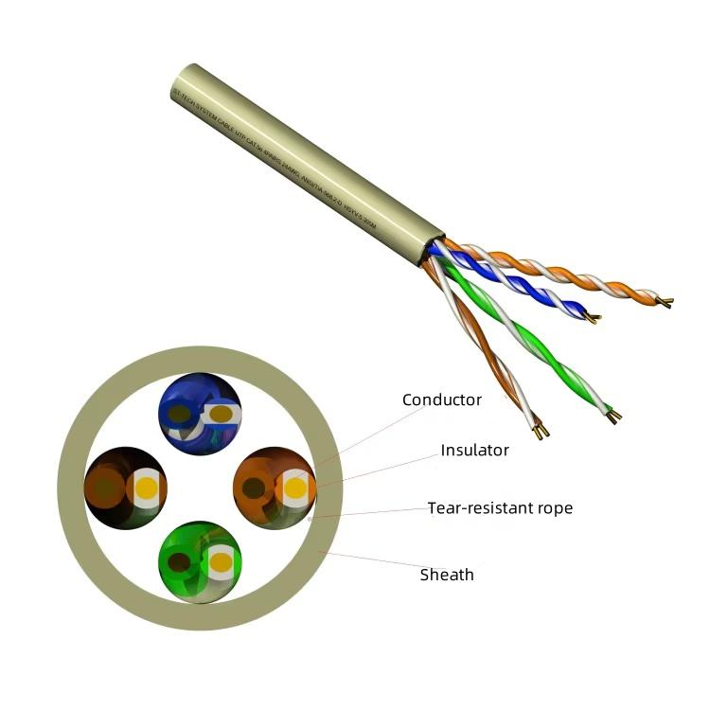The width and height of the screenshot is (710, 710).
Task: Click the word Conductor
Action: pos(441,399)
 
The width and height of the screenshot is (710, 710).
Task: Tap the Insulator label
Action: pos(474,450)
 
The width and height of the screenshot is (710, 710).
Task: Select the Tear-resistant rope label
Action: pos(500,508)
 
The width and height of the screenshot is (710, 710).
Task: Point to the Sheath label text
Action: pos(447,575)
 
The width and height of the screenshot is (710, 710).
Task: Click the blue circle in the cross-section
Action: pos(199,414)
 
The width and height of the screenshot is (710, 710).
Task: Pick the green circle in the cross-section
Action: pos(199,561)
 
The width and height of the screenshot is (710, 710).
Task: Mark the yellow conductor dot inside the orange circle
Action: pos(295,489)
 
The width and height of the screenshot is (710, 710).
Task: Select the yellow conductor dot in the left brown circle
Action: pos(147,489)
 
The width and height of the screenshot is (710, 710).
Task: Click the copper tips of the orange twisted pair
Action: pos(667,303)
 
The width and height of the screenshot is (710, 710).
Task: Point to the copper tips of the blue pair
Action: pos(593,318)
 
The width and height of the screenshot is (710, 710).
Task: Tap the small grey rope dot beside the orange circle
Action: pos(311,519)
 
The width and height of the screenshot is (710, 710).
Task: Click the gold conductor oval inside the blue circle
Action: pos(220,414)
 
